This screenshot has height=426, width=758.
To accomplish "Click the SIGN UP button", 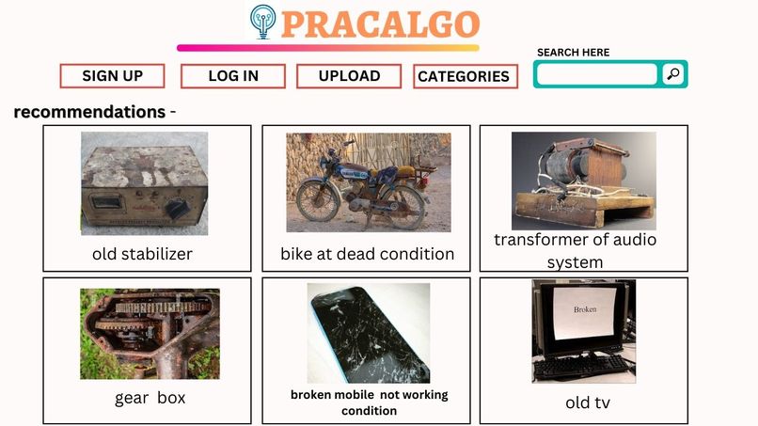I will coord(112,76).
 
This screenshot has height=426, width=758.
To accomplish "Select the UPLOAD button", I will coord(349,76).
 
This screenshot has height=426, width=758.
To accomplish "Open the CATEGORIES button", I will coord(465,77).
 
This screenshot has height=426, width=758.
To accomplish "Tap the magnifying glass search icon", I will coord(672,74).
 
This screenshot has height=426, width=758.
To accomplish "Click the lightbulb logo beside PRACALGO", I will coord(263,23).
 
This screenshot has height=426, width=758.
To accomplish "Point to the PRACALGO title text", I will coord(380,24).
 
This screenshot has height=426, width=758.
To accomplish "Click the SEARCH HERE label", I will coord(573,53).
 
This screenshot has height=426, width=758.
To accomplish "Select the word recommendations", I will coord(89,112).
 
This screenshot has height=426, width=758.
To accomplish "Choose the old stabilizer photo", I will coord(144,183).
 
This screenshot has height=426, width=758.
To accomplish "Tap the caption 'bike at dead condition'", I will coord(367,254).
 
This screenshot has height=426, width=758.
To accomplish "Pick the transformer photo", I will coord(583,180).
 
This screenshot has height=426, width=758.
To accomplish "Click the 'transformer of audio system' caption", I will coord(575,250).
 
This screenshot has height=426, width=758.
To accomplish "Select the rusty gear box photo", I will coord(150,333).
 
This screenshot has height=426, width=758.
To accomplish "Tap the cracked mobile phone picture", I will coord(368,332).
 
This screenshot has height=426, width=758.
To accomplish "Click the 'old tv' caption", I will coord(589,402).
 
